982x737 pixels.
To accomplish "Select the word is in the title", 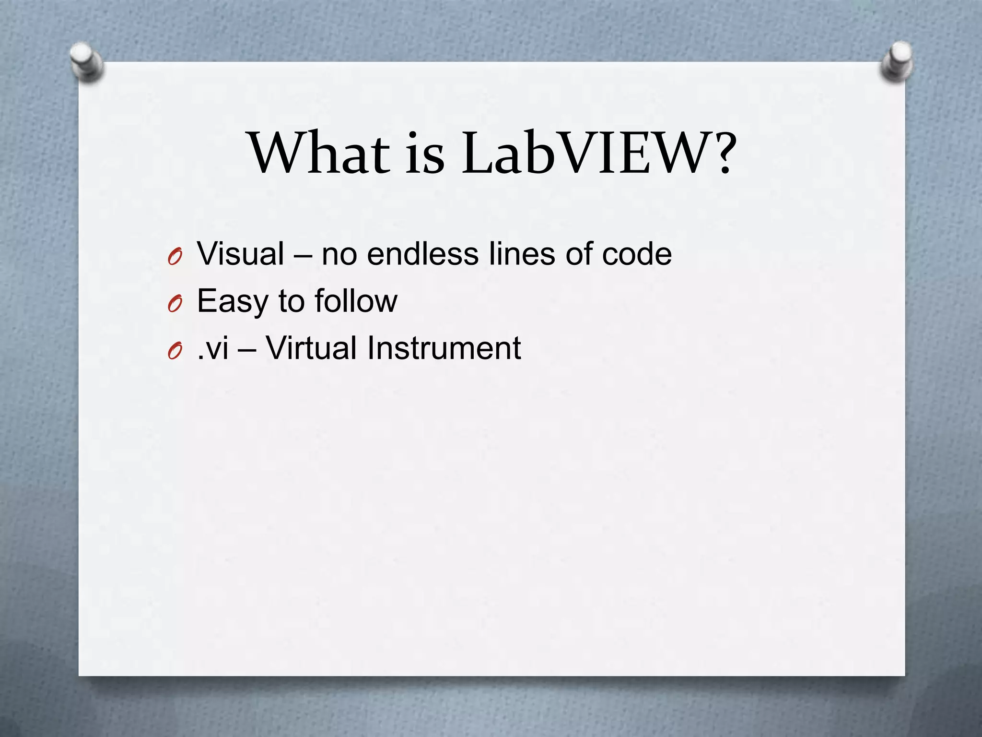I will click(425, 154).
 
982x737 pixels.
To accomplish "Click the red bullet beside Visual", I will click(175, 258).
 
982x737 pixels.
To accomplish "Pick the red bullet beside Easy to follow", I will click(175, 305).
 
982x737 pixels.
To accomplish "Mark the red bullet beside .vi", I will click(175, 352).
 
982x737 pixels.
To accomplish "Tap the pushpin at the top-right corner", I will click(897, 61).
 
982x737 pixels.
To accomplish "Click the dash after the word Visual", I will click(303, 255).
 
